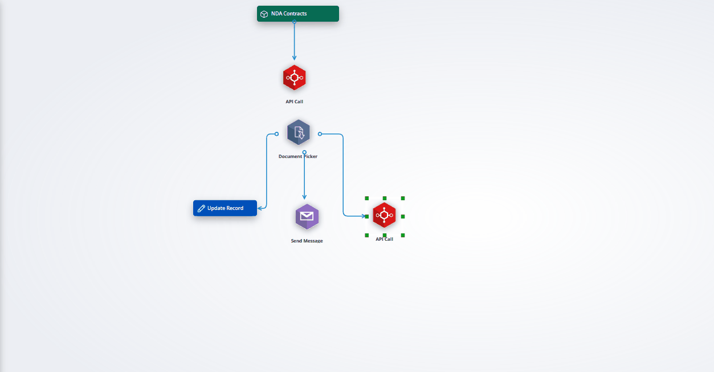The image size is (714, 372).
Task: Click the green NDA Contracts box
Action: (297, 14)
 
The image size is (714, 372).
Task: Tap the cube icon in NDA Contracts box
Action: (264, 14)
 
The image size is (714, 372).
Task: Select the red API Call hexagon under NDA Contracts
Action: (294, 78)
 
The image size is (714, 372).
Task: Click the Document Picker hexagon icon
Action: (299, 132)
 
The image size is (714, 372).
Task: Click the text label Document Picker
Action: (297, 156)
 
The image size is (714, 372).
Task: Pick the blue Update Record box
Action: (225, 208)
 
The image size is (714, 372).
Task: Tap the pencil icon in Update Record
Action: (201, 208)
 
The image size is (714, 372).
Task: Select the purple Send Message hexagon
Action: (307, 217)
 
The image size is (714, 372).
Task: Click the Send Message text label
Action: (307, 241)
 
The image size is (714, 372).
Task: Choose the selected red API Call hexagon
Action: (384, 215)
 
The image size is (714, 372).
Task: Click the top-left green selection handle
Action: (367, 199)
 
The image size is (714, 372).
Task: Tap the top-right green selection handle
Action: (403, 199)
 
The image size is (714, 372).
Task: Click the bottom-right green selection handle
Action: (403, 236)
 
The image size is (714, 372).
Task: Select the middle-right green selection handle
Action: (403, 217)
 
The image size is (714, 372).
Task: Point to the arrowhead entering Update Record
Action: (259, 208)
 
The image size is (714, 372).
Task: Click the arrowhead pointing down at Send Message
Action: (304, 197)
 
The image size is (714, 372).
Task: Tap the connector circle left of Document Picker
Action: (277, 134)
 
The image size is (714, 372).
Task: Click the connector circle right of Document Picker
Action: (320, 134)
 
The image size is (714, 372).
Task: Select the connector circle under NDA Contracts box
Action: (294, 22)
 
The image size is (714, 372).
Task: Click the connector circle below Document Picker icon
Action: (304, 152)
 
